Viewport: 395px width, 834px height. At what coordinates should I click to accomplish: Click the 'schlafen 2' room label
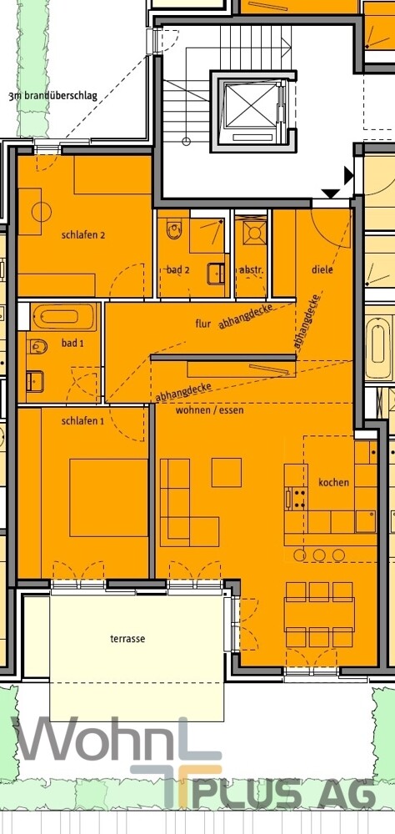click(82, 235)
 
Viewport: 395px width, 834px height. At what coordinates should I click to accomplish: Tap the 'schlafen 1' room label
click(82, 421)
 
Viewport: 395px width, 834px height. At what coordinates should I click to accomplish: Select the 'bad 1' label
click(73, 344)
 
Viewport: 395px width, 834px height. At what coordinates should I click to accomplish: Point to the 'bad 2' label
click(178, 270)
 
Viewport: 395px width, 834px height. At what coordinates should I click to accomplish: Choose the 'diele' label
click(322, 270)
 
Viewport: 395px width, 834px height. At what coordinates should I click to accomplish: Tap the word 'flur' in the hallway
click(203, 322)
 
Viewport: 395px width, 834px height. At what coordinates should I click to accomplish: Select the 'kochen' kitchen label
click(333, 483)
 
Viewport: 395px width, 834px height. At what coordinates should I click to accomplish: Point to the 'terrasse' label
click(127, 639)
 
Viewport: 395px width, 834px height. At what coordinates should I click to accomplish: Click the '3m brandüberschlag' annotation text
click(52, 96)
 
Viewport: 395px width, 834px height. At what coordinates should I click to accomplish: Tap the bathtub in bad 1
click(65, 317)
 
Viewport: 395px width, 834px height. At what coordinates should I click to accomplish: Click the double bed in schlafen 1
click(108, 497)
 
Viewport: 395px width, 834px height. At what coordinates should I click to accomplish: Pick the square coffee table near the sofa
click(226, 472)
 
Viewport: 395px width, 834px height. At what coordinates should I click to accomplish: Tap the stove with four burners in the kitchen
click(296, 499)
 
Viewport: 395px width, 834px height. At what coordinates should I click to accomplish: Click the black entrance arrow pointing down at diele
click(331, 194)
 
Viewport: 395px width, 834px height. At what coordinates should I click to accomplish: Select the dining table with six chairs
click(319, 615)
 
